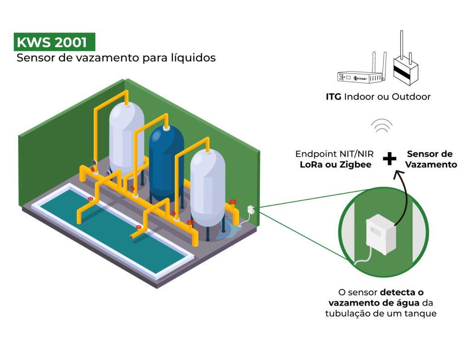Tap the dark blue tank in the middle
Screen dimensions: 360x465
(166, 161)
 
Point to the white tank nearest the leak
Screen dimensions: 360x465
(207, 186)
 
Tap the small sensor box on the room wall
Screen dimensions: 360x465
(250, 210)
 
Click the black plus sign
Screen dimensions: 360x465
(389, 159)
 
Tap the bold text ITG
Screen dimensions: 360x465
(334, 97)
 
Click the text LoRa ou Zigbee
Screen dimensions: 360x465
(335, 165)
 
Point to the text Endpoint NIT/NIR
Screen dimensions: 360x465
(334, 154)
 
